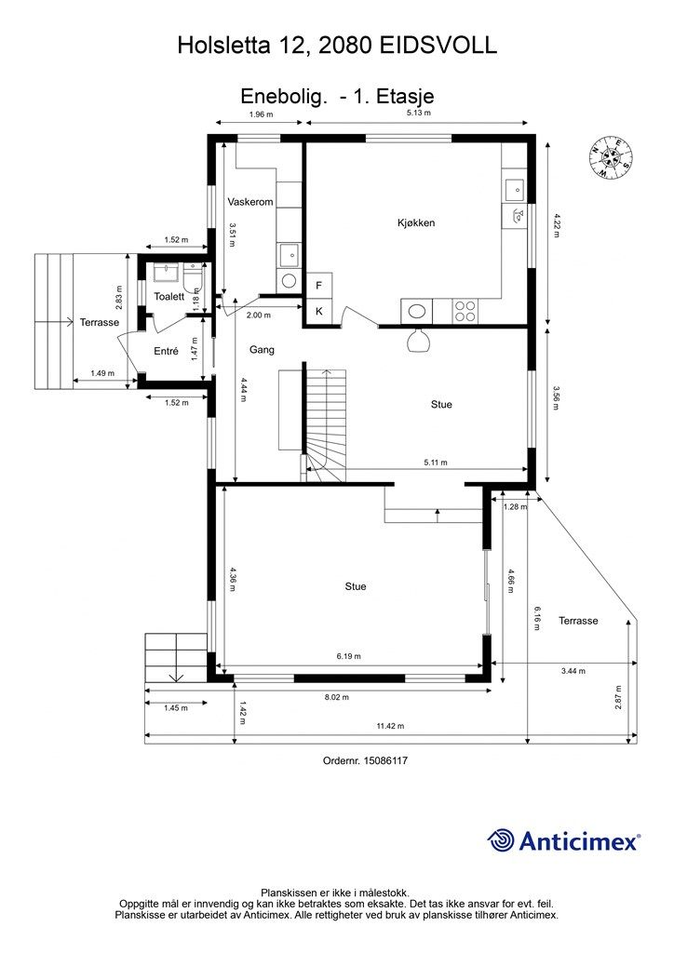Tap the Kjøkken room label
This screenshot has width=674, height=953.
tap(416, 223)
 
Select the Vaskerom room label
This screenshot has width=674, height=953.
tap(250, 202)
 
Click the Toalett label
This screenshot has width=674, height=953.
tap(168, 297)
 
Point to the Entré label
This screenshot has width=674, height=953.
tap(166, 351)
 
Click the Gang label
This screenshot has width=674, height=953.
tap(262, 350)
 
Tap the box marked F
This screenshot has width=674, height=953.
tap(319, 285)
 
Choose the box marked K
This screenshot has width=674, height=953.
tap(319, 312)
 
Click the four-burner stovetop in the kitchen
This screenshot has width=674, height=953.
tap(465, 312)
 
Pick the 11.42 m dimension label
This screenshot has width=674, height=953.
tap(390, 726)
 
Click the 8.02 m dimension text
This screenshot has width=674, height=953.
tap(337, 697)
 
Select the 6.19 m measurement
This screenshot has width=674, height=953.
tap(348, 656)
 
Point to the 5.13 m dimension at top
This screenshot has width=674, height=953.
tap(418, 113)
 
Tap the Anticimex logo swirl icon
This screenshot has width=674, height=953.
tap(500, 840)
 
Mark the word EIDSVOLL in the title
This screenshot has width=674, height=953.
tap(438, 46)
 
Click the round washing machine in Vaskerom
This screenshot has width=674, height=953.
tap(289, 280)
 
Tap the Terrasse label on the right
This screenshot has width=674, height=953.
tap(578, 621)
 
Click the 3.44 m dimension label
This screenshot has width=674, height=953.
tap(573, 671)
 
